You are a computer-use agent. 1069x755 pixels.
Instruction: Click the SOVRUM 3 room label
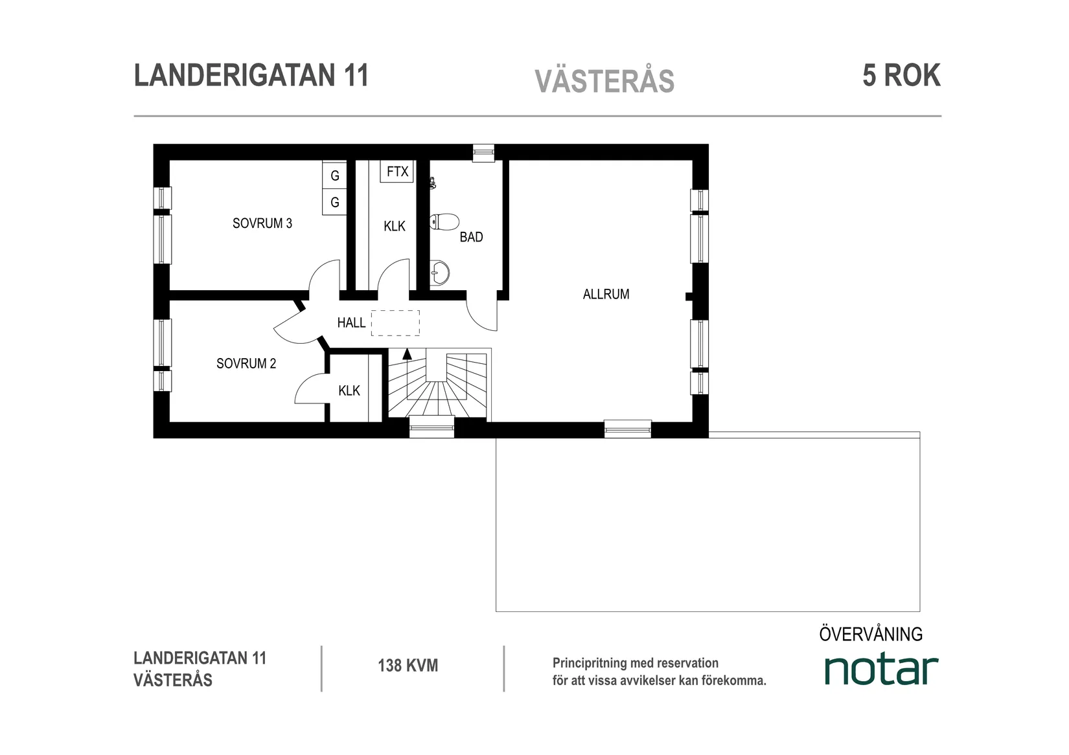pos(262,223)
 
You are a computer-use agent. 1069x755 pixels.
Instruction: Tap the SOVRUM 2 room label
pos(246,364)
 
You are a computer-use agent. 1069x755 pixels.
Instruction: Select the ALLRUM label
pos(606,295)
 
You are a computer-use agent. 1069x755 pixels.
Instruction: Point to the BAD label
pos(471,238)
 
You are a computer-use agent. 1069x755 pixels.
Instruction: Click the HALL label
pos(351,322)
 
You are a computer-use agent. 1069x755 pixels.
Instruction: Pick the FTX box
pos(397,172)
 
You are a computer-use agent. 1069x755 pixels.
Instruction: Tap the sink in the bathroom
pos(440,273)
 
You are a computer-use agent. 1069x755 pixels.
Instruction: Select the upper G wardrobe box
pos(335,175)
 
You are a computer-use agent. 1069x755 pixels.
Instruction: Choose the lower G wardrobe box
pos(335,203)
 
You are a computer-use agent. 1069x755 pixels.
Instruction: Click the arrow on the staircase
pos(407,354)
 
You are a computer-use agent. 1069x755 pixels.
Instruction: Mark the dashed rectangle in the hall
pos(395,322)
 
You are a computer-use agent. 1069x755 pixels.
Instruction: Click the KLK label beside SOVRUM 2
pos(349,391)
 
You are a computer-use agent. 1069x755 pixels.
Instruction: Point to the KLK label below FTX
pos(394,227)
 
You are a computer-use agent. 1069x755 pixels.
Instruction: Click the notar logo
pos(880,670)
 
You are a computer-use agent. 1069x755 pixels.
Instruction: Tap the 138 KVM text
pos(408,666)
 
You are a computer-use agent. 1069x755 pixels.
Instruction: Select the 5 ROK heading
pos(901,76)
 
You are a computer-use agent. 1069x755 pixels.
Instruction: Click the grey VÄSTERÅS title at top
pos(604,82)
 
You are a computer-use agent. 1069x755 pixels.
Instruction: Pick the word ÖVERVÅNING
pos(871,634)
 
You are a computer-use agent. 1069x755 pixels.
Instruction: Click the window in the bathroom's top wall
pos(483,153)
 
